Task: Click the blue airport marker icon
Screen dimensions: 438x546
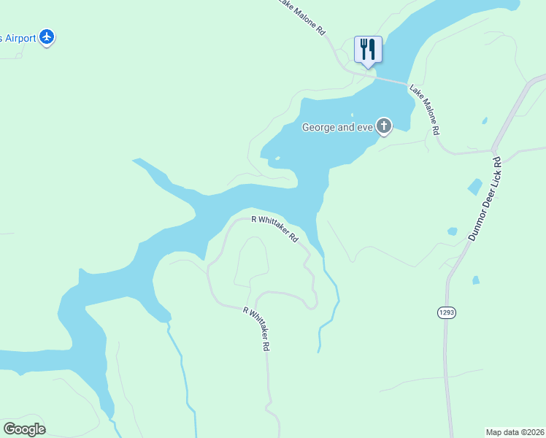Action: point(47,36)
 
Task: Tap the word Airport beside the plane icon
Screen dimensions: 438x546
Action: point(20,38)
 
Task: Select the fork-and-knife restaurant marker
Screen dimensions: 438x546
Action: point(368,50)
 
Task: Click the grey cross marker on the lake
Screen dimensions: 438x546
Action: point(384,127)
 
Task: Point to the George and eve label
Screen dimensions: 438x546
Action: point(338,128)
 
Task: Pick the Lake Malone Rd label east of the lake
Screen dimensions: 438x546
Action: point(424,110)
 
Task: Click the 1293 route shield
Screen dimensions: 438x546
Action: point(447,312)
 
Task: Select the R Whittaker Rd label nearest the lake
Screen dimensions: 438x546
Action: point(275,228)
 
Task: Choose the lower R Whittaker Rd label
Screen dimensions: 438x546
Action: point(257,330)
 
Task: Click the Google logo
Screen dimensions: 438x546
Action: point(24,429)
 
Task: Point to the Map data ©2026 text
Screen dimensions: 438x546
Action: point(515,431)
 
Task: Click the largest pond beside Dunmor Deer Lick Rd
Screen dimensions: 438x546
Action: point(474,186)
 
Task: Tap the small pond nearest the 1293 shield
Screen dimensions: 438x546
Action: point(476,280)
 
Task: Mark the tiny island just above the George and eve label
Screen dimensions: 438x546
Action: point(352,115)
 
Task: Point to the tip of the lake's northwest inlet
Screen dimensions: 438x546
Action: point(135,160)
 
